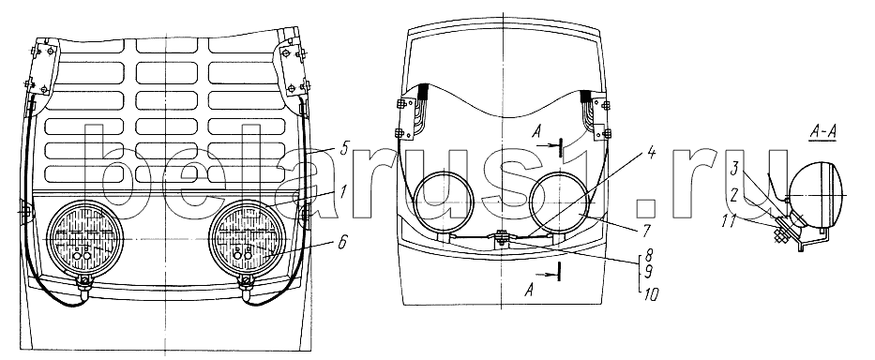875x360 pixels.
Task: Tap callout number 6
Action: [x=341, y=241]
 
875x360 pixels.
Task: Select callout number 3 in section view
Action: [x=736, y=167]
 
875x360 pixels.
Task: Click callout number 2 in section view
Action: [x=735, y=193]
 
